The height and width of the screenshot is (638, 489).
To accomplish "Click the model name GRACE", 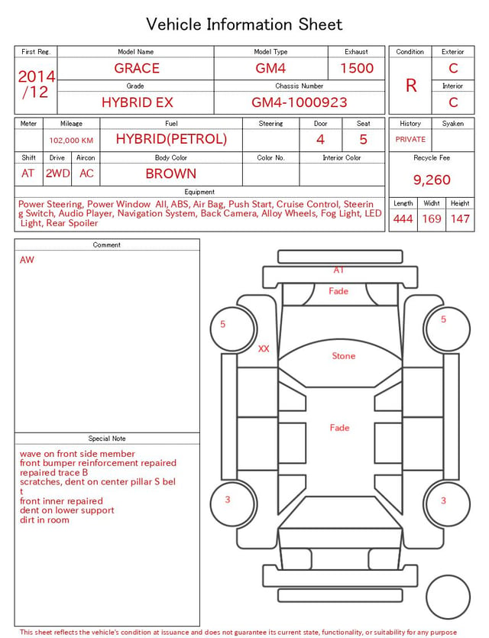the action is coord(137,68).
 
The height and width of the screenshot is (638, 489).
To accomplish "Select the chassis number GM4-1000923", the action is coord(300,102).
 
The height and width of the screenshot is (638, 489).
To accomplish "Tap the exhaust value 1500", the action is coord(357,68).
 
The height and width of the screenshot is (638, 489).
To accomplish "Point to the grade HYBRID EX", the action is coord(138,102).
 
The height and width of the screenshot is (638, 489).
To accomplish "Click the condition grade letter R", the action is coord(411,86).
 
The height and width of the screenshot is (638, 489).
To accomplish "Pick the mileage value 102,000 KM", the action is coord(71,141).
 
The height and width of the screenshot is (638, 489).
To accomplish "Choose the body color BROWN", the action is coord(171,173).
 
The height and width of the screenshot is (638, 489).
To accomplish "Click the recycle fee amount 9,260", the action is coord(432,180).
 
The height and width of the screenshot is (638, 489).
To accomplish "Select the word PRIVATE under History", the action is coord(410,140).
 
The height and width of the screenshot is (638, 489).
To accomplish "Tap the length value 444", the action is coord(403,219).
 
